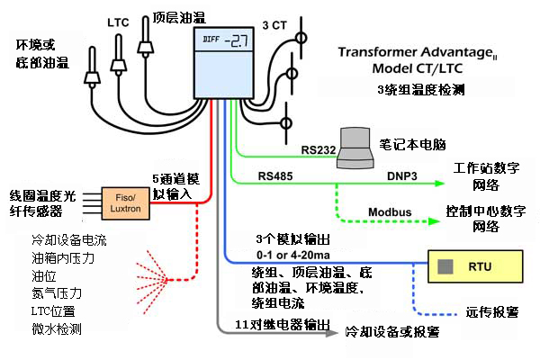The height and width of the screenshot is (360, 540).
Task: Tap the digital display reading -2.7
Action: point(225,40)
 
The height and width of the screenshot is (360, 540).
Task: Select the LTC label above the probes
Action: point(118,20)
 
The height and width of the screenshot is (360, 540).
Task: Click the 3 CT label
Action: point(276,24)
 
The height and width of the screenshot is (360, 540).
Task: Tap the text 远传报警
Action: point(492,313)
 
